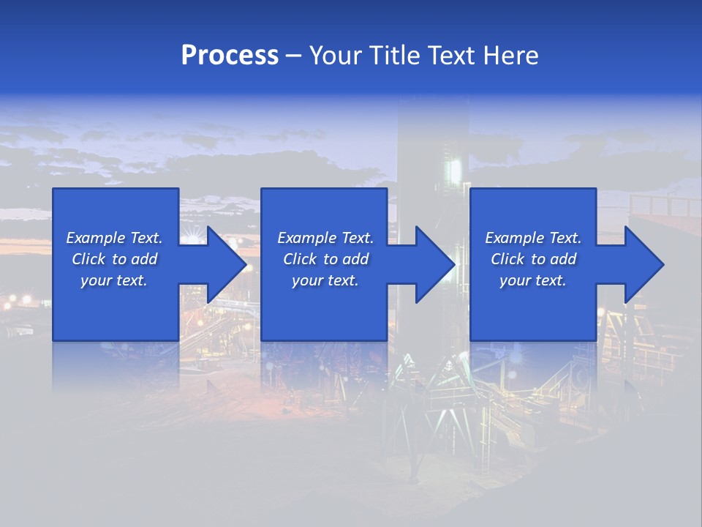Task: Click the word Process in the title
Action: point(230,56)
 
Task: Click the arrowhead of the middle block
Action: point(434,264)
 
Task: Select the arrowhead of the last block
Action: point(643,264)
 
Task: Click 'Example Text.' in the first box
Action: point(114,238)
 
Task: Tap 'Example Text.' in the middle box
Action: point(325,238)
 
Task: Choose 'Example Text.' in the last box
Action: point(533,238)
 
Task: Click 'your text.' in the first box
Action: point(114,280)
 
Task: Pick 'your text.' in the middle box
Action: point(325,280)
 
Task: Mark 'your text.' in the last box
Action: point(533,280)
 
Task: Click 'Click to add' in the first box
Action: point(114,259)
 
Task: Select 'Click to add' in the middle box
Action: point(325,259)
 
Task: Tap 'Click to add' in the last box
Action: point(533,259)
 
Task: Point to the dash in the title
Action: point(293,56)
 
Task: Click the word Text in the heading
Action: point(448,56)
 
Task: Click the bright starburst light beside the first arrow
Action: point(194,234)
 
